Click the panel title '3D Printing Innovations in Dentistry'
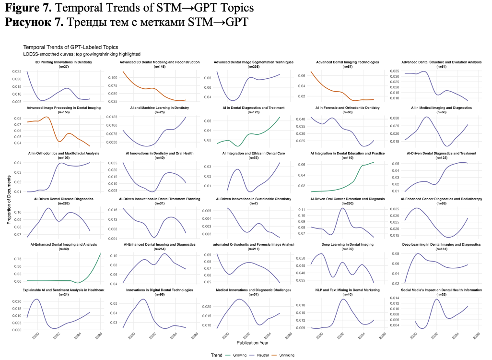58,62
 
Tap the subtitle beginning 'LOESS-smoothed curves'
82,54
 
